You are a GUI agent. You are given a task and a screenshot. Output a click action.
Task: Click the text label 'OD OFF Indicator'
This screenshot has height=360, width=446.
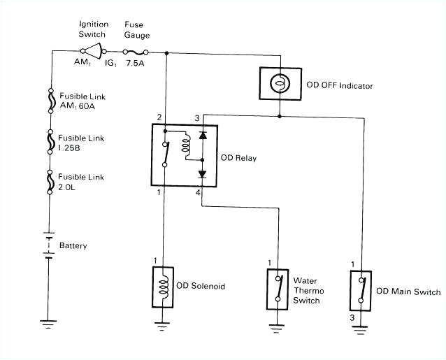pyautogui.click(x=340, y=86)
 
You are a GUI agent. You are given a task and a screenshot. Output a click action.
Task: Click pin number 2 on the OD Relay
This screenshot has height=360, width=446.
pyautogui.click(x=159, y=117)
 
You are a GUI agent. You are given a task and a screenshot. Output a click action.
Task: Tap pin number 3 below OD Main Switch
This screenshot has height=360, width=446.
pyautogui.click(x=352, y=318)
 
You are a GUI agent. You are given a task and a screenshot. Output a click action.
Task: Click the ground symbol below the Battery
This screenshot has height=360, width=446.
pyautogui.click(x=48, y=323)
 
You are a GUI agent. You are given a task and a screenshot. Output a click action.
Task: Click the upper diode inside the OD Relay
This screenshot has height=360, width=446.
pyautogui.click(x=202, y=136)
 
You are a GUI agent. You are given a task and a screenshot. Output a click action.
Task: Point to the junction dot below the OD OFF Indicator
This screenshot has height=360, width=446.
pyautogui.click(x=279, y=116)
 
